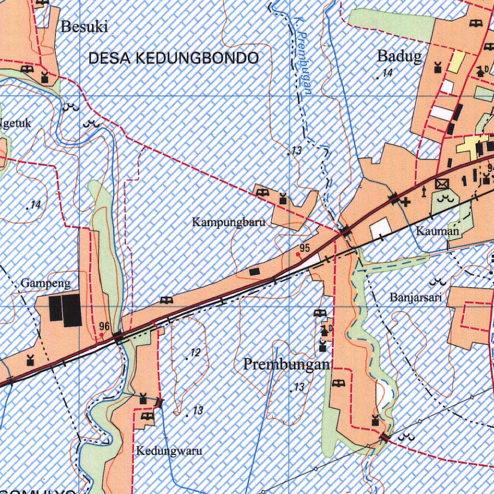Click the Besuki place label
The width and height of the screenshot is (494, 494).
[84, 27]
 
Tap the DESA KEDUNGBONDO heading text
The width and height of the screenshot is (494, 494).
[174, 58]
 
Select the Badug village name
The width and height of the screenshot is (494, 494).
[399, 56]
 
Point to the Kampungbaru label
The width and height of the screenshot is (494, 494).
[229, 223]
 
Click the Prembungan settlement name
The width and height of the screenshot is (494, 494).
[287, 364]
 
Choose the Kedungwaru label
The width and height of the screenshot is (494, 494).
[169, 452]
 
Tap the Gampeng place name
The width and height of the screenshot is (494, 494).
[46, 283]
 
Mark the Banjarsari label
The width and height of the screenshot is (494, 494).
[416, 298]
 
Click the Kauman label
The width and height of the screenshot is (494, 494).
[438, 232]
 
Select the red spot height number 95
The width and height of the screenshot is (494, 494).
[304, 248]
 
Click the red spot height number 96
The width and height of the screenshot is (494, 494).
[104, 326]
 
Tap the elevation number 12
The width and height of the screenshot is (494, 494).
[195, 353]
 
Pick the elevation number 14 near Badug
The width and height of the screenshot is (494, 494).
[387, 73]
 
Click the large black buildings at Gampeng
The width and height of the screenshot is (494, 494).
[65, 310]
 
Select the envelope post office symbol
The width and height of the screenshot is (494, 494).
[441, 184]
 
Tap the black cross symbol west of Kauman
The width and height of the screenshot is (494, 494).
[406, 202]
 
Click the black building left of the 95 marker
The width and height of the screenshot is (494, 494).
[254, 272]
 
